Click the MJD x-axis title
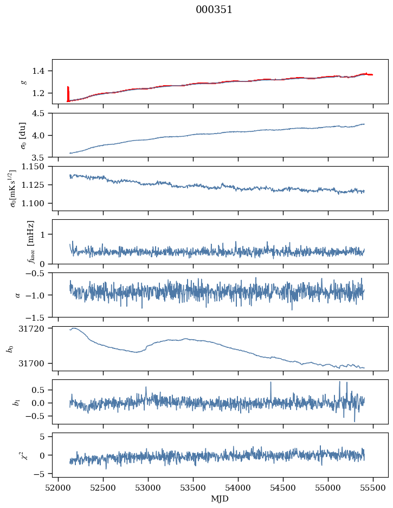tap(220, 498)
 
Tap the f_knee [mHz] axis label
tap(31, 242)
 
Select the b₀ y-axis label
tap(9, 348)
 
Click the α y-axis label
tap(18, 295)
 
